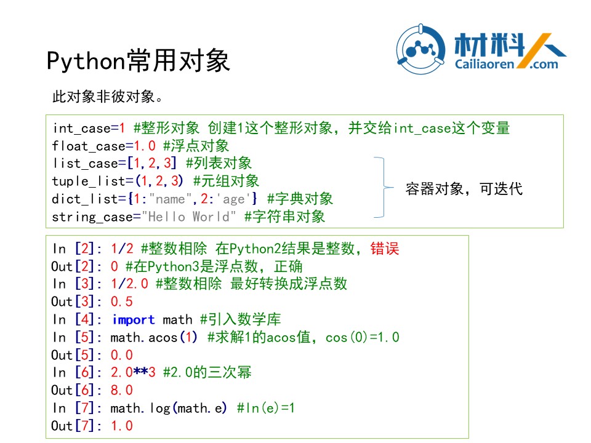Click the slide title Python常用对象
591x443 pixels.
[139, 60]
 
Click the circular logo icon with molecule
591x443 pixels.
[420, 49]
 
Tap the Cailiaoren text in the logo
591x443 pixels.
[484, 64]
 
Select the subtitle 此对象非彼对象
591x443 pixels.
[107, 97]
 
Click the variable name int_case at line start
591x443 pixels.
[82, 128]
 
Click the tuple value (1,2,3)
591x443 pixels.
[159, 181]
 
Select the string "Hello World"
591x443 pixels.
[189, 217]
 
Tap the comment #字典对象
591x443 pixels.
[300, 199]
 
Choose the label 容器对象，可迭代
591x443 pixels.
[464, 189]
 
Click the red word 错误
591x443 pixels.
[384, 249]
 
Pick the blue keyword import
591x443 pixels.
[134, 320]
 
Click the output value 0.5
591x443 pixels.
[122, 301]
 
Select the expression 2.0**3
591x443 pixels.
[133, 372]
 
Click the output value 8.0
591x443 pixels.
[122, 390]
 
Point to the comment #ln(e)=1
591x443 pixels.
[266, 408]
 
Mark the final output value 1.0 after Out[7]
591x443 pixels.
[122, 426]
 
